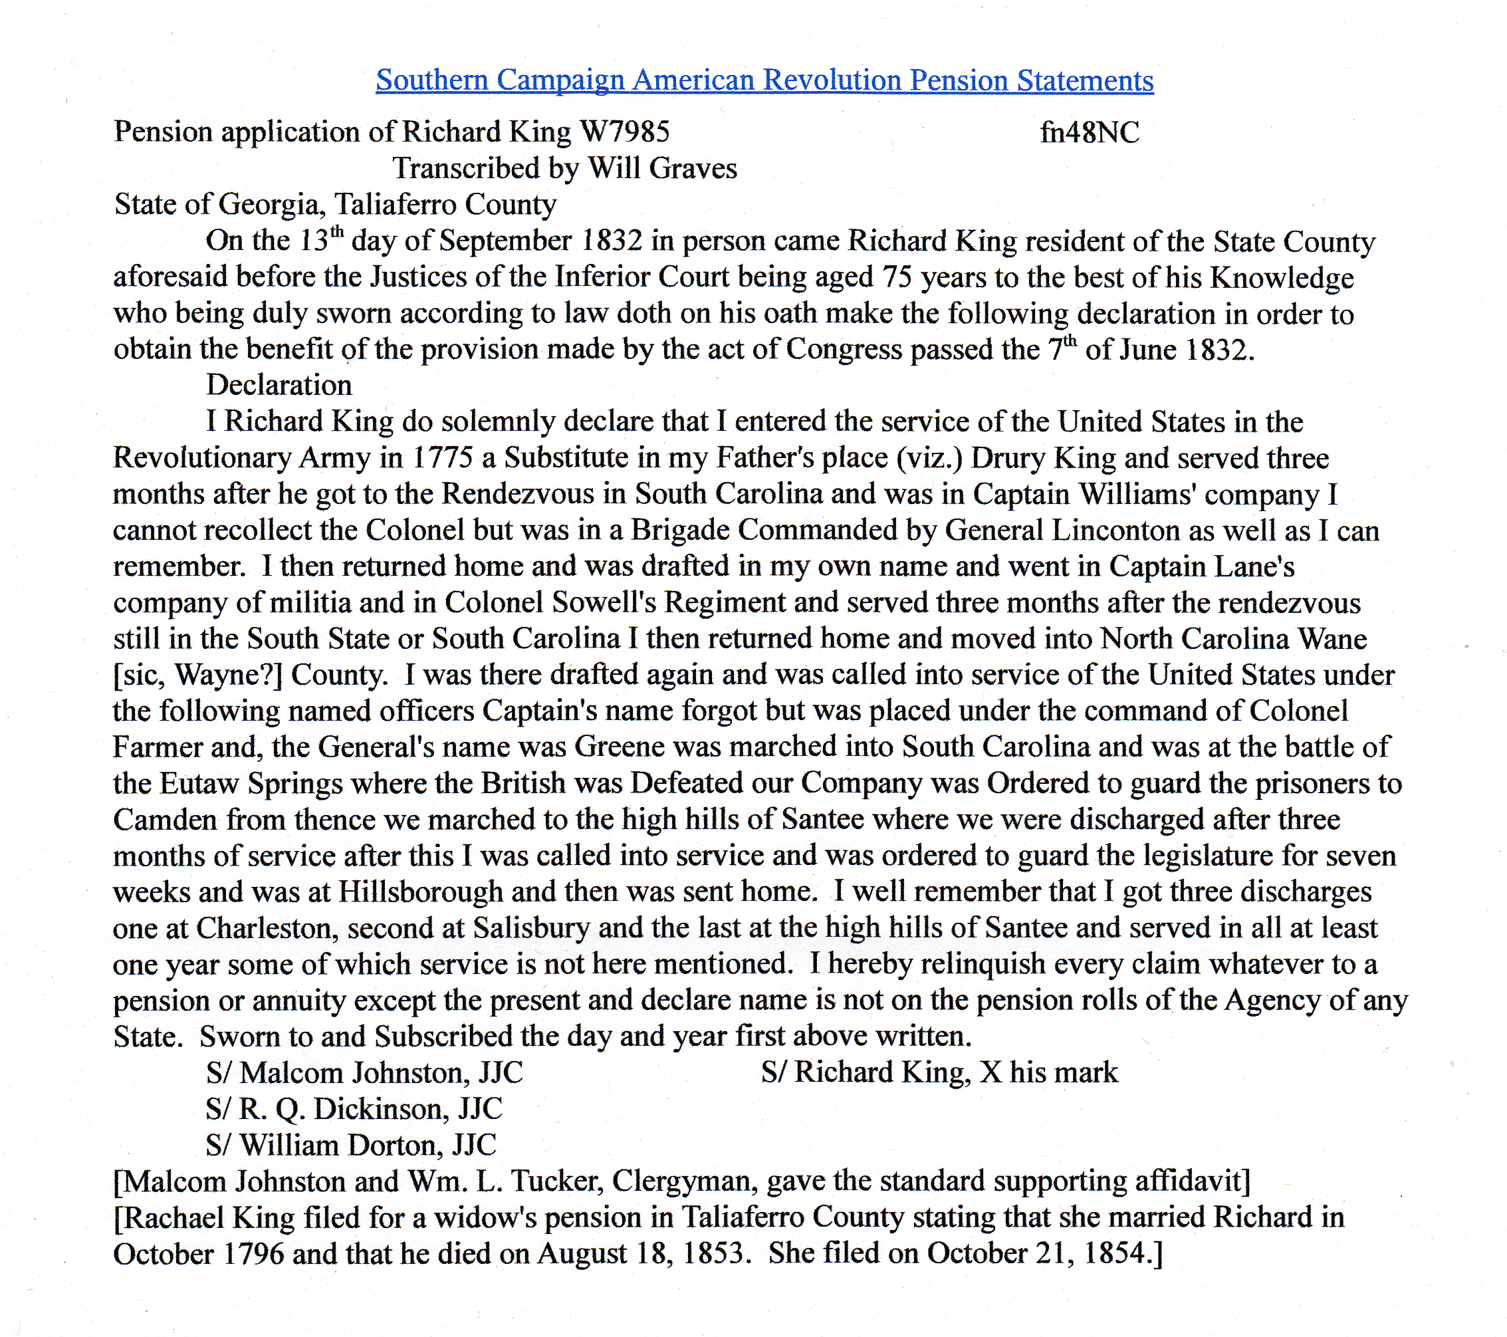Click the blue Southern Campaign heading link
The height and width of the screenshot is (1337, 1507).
[x=764, y=80]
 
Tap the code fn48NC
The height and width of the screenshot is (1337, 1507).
[x=1089, y=133]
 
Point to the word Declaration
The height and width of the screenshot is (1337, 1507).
[x=279, y=385]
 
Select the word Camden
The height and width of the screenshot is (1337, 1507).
[x=164, y=819]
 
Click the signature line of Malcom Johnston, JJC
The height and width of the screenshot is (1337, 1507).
[x=364, y=1073]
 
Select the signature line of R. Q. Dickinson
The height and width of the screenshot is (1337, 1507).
[x=354, y=1109]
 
